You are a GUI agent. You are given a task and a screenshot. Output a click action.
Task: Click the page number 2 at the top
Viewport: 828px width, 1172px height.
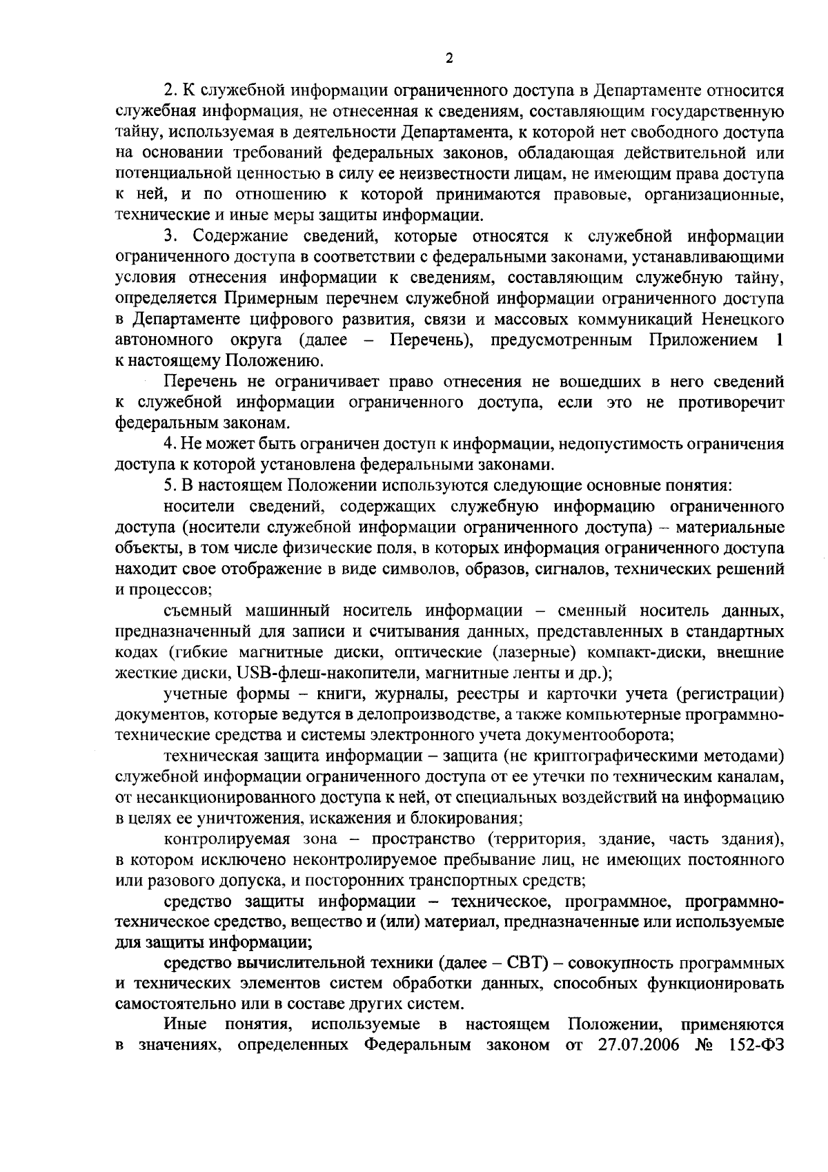pyautogui.click(x=449, y=58)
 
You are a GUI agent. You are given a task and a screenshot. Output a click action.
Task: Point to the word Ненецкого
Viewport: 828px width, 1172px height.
pyautogui.click(x=742, y=320)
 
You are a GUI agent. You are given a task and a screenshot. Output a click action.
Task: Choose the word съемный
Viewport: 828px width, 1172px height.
pyautogui.click(x=193, y=611)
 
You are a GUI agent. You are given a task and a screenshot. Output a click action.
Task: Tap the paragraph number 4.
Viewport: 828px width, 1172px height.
pyautogui.click(x=168, y=444)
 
